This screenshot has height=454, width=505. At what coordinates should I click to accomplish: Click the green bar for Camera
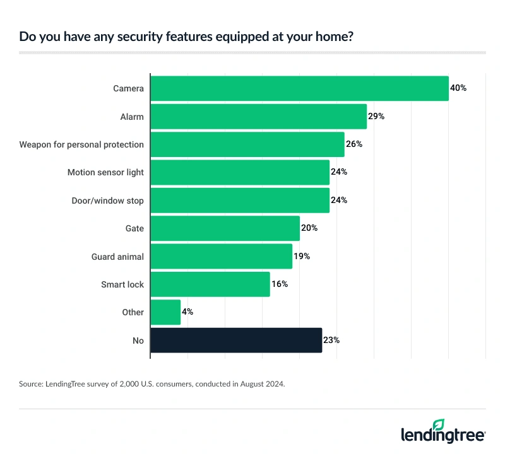pyautogui.click(x=299, y=88)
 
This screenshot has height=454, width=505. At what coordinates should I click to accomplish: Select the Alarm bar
pyautogui.click(x=258, y=116)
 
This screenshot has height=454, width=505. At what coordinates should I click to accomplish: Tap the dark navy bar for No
pyautogui.click(x=236, y=340)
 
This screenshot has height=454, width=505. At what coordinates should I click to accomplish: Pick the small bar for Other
pyautogui.click(x=165, y=312)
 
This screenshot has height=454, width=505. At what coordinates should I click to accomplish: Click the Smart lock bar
pyautogui.click(x=210, y=284)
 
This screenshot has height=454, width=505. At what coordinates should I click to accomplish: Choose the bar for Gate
pyautogui.click(x=225, y=228)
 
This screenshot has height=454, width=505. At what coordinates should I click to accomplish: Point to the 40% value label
pyautogui.click(x=458, y=88)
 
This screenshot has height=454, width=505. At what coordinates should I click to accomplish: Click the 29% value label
pyautogui.click(x=376, y=116)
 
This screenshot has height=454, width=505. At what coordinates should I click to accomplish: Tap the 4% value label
pyautogui.click(x=188, y=312)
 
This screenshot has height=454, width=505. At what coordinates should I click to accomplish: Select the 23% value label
pyautogui.click(x=331, y=340)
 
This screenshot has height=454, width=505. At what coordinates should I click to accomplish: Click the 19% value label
pyautogui.click(x=302, y=256)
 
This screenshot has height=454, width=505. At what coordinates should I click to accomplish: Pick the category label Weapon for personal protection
pyautogui.click(x=81, y=144)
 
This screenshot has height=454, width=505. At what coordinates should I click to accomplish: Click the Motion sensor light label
pyautogui.click(x=105, y=172)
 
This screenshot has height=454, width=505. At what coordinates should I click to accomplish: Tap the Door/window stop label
pyautogui.click(x=107, y=201)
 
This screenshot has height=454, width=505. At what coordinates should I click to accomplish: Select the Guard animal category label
pyautogui.click(x=117, y=256)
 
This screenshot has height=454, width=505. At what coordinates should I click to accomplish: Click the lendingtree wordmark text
pyautogui.click(x=443, y=436)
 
